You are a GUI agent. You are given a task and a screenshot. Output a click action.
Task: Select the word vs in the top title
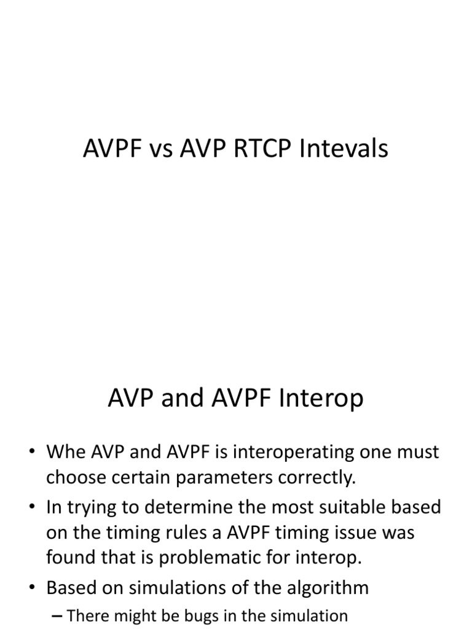click(x=161, y=149)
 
